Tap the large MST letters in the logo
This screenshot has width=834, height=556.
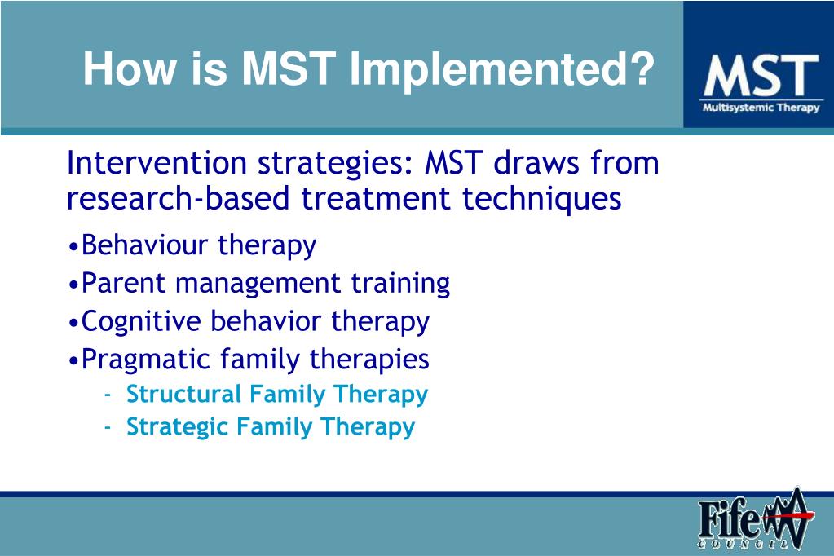pos(760,76)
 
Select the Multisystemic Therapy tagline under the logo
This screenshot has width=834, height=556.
pos(760,108)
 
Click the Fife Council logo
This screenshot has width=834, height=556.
pos(754,521)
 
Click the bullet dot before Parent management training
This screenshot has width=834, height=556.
pos(74,284)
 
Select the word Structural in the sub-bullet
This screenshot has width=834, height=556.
pos(184,394)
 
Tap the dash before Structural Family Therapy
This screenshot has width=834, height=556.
pos(108,395)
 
